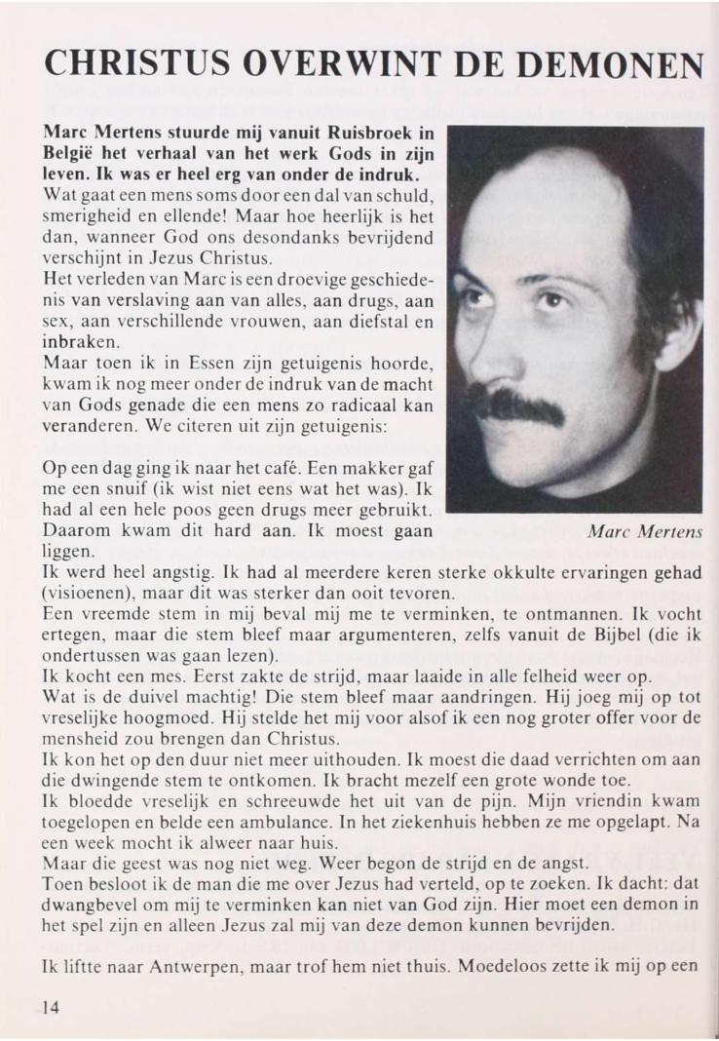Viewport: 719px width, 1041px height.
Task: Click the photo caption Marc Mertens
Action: [x=646, y=531]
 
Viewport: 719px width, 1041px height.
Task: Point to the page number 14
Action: [x=50, y=1008]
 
